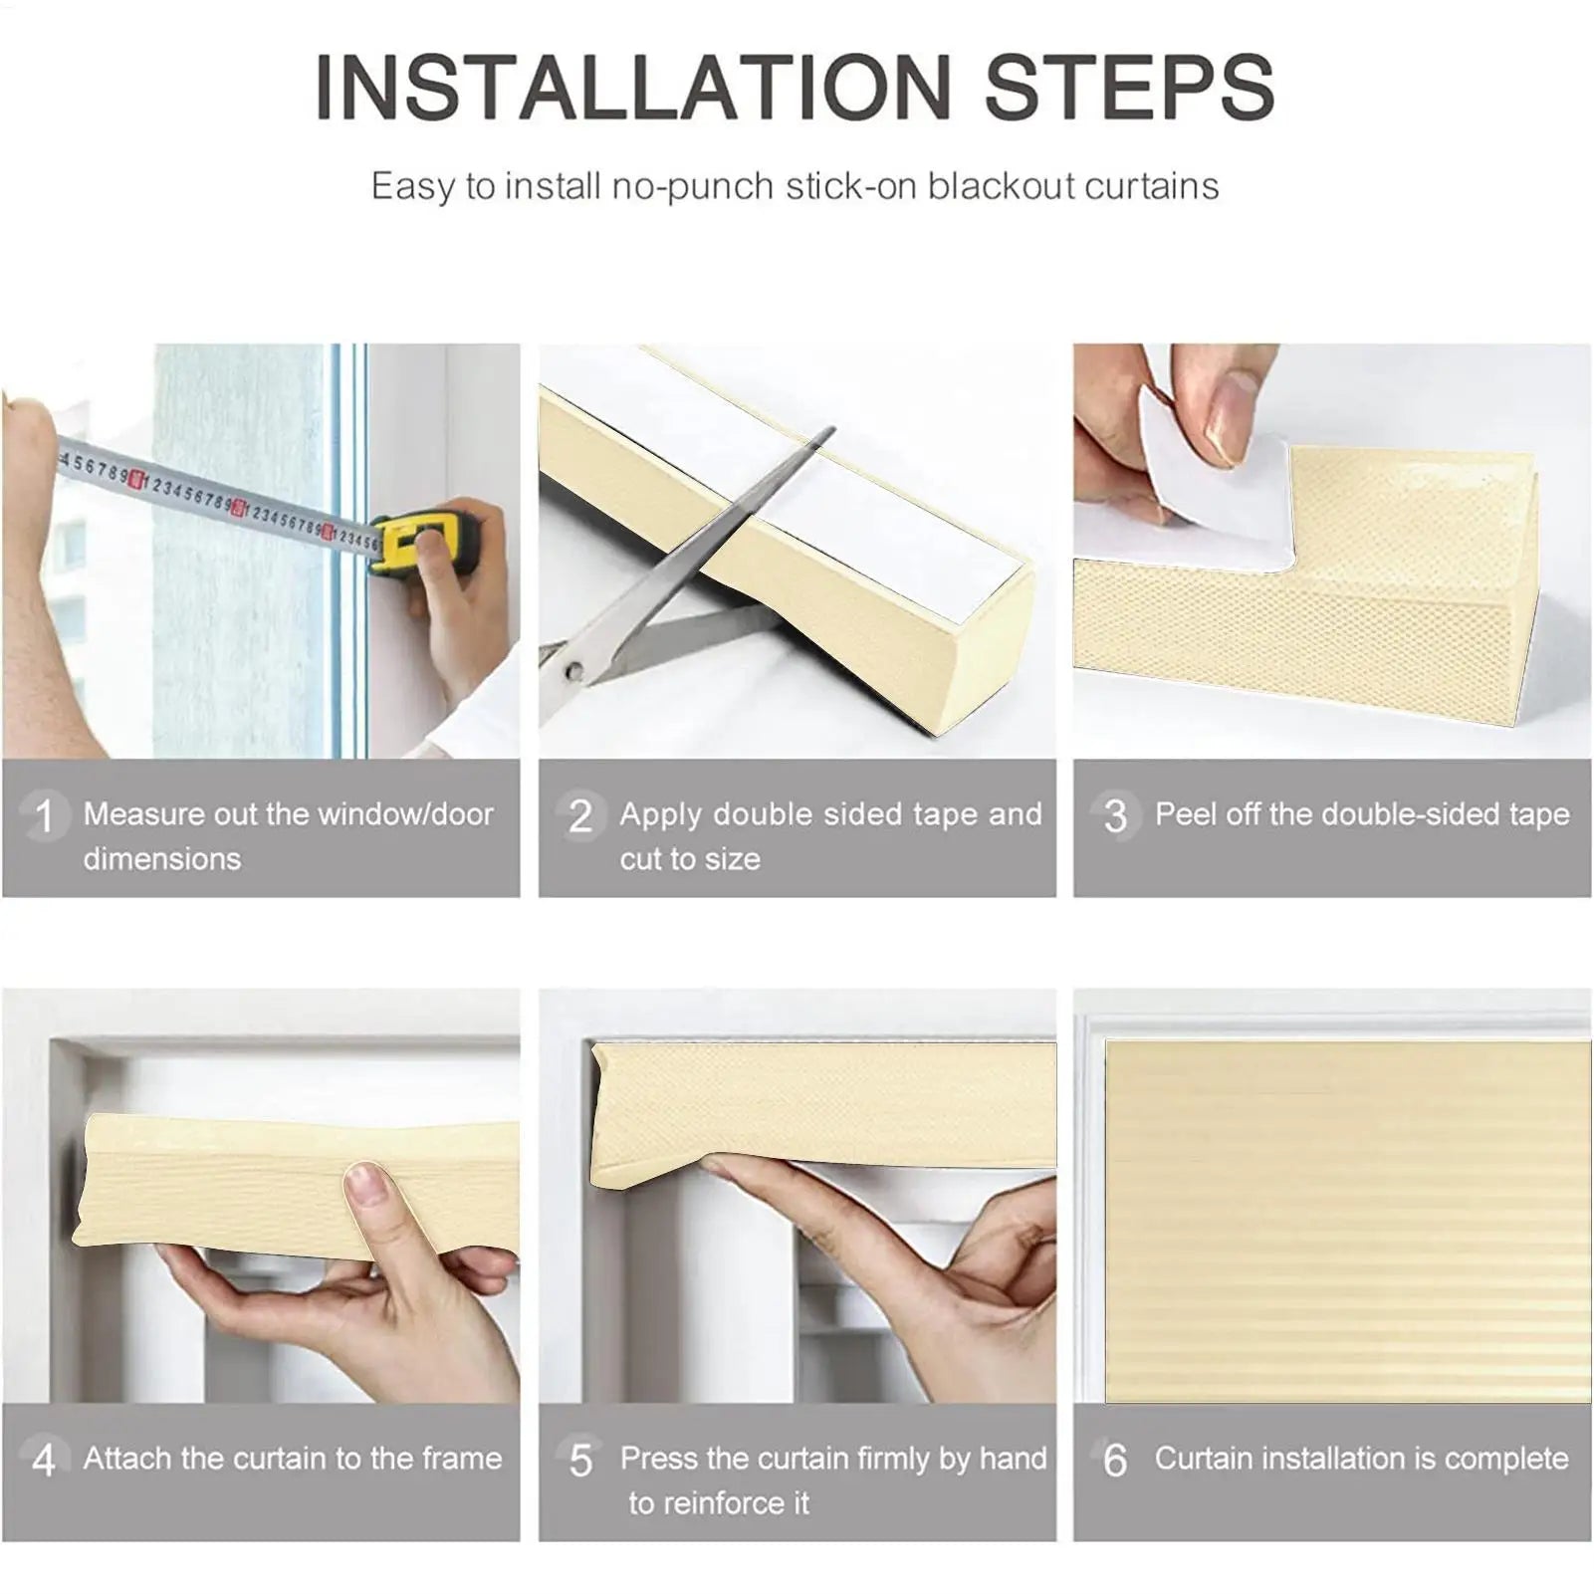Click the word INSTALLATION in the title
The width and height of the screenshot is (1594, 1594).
point(633,87)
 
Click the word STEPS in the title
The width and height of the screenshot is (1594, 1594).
point(1129,87)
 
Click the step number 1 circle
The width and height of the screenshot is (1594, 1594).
point(44,816)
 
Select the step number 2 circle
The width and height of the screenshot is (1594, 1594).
point(580,816)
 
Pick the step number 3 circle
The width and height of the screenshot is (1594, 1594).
point(1115,816)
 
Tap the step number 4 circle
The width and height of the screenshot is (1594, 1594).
point(44,1461)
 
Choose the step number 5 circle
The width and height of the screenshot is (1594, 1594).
point(580,1461)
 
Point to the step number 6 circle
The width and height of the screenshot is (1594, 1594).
point(1115,1461)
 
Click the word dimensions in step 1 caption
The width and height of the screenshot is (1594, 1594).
point(162,859)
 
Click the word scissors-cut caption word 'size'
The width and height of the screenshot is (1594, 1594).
point(733,859)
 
